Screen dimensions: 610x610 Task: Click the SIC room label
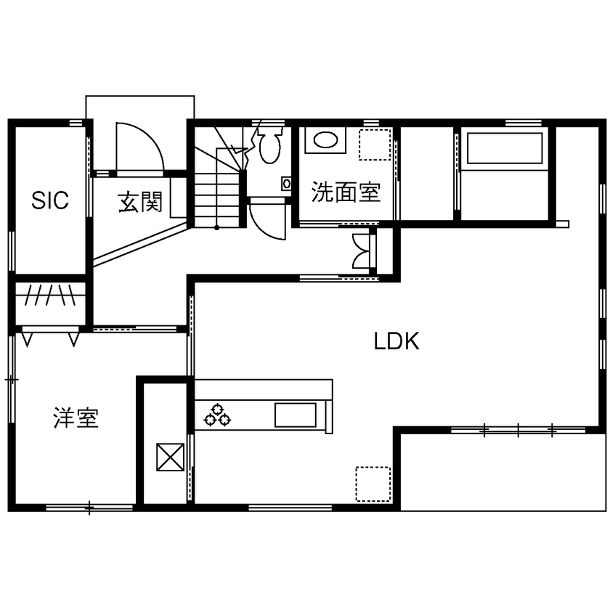tap(50, 200)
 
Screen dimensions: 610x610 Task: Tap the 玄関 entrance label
tap(140, 203)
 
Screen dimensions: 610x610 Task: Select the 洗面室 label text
tap(346, 192)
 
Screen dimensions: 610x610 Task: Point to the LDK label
tap(396, 341)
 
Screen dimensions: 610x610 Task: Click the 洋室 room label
tap(76, 418)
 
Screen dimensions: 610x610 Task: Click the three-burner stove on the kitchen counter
tap(216, 415)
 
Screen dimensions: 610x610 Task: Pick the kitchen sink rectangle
tap(296, 415)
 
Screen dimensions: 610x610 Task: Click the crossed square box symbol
tap(171, 457)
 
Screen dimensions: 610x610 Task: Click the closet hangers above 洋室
tap(50, 296)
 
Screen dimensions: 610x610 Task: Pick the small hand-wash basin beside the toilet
tap(286, 184)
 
